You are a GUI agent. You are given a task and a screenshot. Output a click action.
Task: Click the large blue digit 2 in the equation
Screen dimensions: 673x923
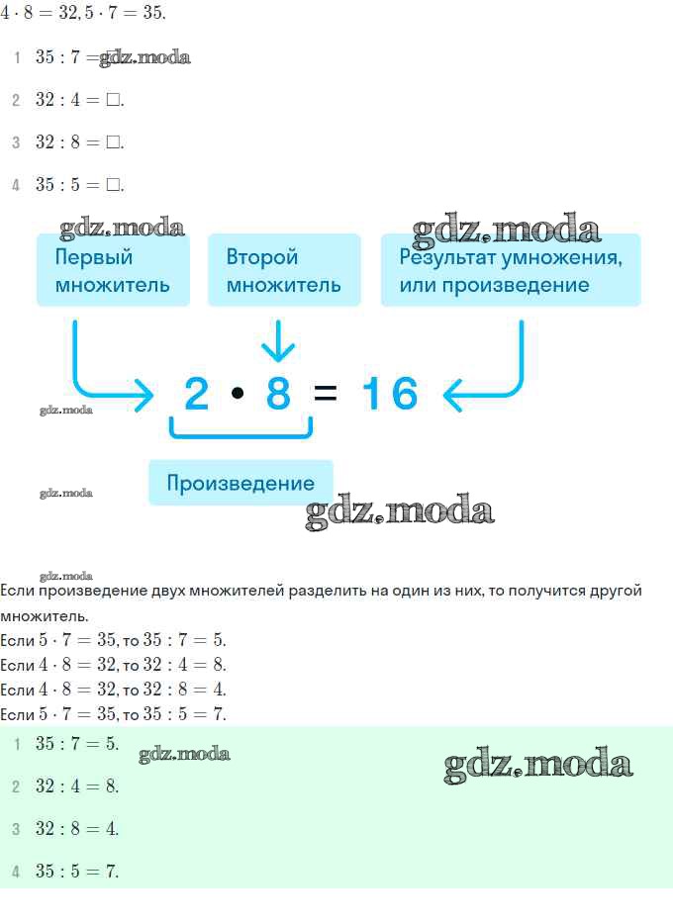pos(197,394)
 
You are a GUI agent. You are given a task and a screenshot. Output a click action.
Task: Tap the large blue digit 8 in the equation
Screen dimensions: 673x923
pos(278,394)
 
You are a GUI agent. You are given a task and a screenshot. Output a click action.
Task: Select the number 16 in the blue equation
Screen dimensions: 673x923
pos(390,394)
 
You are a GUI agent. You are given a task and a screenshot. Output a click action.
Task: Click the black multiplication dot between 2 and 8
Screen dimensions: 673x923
pos(238,393)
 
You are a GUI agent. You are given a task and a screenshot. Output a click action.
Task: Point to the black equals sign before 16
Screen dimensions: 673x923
pos(326,393)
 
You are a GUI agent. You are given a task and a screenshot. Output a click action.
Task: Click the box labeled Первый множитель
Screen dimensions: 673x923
pos(113,270)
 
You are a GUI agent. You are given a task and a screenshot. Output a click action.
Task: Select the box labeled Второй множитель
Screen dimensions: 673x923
pos(284,270)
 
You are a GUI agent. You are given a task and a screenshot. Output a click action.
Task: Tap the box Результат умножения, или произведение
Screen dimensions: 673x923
pos(511,270)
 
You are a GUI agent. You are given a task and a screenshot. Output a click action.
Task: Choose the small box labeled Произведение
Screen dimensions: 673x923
pos(240,483)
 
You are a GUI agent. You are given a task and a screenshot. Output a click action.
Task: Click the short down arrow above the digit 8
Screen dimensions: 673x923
pos(277,341)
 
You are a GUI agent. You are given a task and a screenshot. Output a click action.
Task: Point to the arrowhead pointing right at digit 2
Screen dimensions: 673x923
pos(144,395)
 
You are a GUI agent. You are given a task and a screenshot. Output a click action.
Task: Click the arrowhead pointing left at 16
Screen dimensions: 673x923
pos(451,395)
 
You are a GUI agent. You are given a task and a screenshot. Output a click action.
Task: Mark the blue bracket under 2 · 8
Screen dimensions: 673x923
pos(240,435)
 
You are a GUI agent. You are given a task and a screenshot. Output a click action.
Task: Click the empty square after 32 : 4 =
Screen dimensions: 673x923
pos(113,100)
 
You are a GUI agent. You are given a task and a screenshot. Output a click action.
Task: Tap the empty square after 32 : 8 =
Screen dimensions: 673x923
pos(113,141)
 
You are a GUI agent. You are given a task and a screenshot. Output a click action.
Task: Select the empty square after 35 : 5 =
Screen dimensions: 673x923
pos(113,184)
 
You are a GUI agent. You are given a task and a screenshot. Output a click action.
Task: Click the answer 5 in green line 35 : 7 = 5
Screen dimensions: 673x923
pos(111,744)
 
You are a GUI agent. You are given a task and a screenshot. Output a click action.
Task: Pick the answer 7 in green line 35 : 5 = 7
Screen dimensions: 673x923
pos(111,871)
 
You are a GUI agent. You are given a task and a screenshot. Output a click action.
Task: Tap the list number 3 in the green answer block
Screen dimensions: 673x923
pos(16,829)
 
